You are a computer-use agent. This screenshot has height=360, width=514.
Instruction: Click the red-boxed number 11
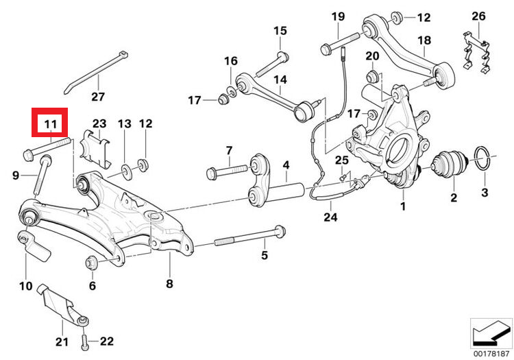coord(49,124)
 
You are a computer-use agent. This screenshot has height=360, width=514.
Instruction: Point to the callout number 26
coord(478,16)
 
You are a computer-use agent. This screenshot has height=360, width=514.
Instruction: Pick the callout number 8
coord(169,283)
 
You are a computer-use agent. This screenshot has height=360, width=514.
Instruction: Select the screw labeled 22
coord(84,328)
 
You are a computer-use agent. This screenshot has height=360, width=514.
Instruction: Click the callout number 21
coord(62,341)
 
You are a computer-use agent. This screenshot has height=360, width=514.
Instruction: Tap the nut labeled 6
coord(90,262)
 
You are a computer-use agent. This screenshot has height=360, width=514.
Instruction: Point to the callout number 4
coord(286,165)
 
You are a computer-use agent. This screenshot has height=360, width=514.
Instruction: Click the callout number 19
coord(338,16)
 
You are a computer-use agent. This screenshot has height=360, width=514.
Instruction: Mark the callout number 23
coord(99,124)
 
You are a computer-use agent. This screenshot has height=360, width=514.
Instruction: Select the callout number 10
coord(25,285)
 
